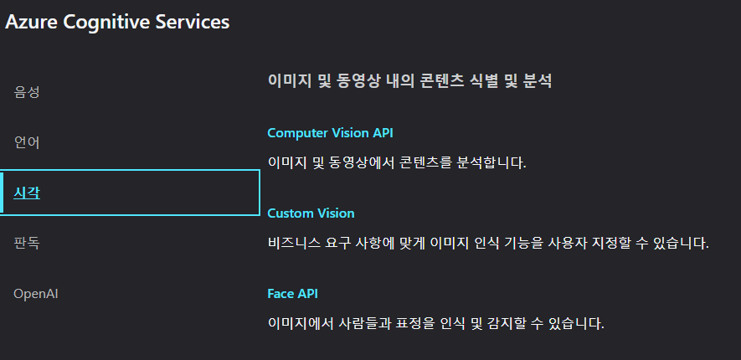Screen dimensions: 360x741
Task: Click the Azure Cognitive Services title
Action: point(117,23)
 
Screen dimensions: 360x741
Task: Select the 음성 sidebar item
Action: point(27,92)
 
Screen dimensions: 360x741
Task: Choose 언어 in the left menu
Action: point(27,142)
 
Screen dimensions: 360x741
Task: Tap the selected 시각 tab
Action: point(27,193)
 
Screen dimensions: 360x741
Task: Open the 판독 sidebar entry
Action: point(27,244)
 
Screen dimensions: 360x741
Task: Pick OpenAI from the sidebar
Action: point(35,294)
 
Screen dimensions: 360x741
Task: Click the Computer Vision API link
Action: point(330,133)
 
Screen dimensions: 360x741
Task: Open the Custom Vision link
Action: point(311,213)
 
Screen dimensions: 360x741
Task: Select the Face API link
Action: point(292,294)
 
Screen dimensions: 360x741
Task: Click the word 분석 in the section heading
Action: point(538,82)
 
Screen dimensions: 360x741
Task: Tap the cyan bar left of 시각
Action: point(3,193)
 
